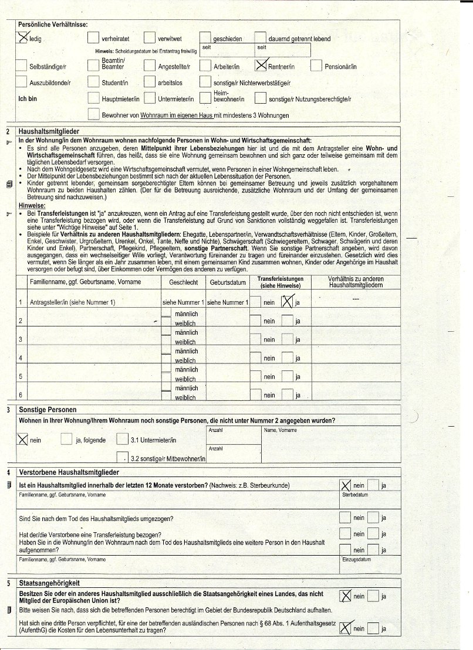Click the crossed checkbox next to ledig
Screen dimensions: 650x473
click(x=22, y=38)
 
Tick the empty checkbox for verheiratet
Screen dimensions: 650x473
click(x=93, y=38)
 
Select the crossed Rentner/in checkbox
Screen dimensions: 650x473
click(x=261, y=65)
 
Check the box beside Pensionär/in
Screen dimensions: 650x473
click(x=316, y=65)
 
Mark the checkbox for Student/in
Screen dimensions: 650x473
click(x=93, y=82)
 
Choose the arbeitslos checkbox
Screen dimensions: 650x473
click(x=149, y=82)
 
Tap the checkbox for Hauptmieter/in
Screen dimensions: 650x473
click(x=93, y=98)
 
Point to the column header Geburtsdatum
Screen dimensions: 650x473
click(x=228, y=282)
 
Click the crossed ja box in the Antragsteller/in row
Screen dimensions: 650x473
click(x=287, y=302)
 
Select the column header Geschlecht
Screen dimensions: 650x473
click(x=183, y=282)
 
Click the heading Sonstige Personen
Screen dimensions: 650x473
click(x=48, y=409)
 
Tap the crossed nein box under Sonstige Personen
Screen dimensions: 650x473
click(x=23, y=439)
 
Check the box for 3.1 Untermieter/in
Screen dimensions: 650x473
click(x=121, y=439)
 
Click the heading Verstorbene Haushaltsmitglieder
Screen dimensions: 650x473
click(x=69, y=472)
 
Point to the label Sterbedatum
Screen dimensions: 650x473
click(x=355, y=495)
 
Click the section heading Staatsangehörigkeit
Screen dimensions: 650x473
click(x=49, y=583)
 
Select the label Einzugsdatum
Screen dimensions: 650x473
click(x=356, y=560)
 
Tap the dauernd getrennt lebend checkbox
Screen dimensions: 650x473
click(x=260, y=38)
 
